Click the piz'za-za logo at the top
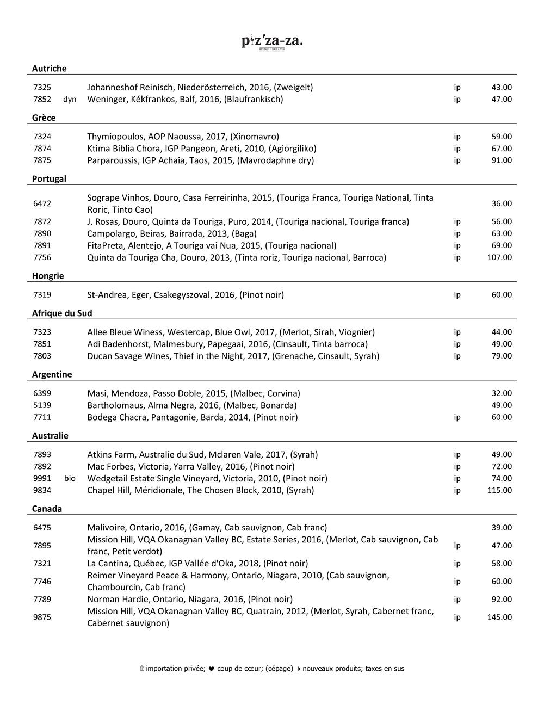point(271,41)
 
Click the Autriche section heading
point(49,69)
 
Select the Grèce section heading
point(44,118)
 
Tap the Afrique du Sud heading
point(61,313)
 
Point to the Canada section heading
point(47,509)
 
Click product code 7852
point(42,100)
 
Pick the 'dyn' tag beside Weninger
point(70,100)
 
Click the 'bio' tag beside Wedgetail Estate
point(70,479)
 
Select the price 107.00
point(499,257)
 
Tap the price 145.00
point(499,617)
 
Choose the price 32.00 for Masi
point(502,393)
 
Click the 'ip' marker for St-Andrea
point(457,295)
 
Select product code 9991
point(42,479)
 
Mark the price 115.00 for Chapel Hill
point(499,491)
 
